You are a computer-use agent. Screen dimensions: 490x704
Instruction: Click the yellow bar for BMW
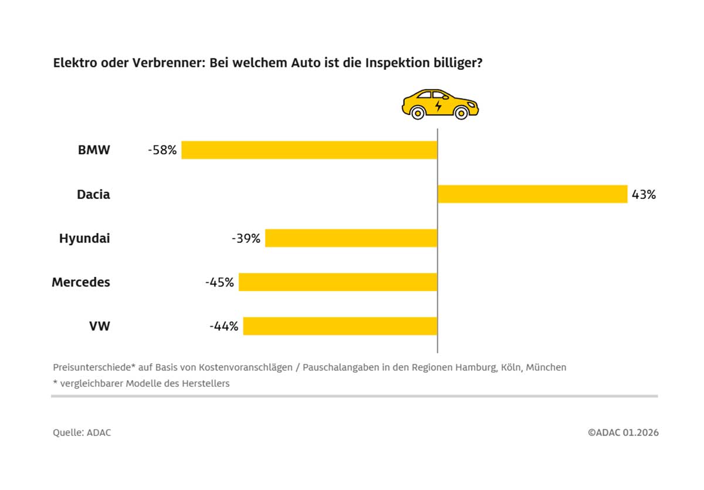309,150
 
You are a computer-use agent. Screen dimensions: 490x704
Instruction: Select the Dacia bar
533,194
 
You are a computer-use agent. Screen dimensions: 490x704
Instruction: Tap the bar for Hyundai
351,238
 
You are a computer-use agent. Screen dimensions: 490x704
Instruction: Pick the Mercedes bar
338,282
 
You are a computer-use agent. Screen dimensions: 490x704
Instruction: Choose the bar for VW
340,326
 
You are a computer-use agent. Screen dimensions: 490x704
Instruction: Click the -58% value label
163,150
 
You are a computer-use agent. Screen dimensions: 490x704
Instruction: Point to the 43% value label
644,194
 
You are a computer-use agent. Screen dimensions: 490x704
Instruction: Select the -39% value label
246,238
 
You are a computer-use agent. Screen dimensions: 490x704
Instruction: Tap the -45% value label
220,282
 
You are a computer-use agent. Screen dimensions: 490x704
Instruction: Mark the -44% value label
224,326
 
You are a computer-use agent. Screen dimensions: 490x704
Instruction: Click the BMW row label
94,150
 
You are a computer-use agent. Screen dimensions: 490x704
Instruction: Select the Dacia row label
93,194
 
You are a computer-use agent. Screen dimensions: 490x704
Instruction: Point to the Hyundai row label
84,238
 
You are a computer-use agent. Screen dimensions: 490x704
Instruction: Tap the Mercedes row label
81,282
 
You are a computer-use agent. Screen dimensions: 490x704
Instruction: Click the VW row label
99,326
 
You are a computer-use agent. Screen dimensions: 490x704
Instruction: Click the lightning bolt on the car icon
438,106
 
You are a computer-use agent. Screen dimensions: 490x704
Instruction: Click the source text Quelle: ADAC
82,432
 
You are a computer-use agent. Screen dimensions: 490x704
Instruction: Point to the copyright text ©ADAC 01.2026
623,432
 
